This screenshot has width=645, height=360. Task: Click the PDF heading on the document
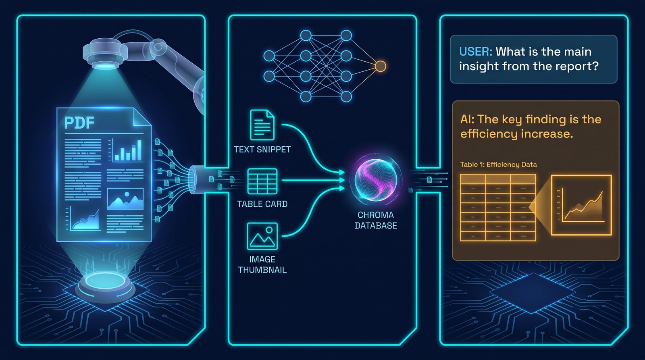point(79,123)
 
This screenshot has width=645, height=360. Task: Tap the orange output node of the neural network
point(380,66)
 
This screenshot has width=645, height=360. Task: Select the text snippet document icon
point(262,125)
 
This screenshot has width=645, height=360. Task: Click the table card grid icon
point(262,181)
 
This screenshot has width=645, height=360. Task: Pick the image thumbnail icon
point(262,236)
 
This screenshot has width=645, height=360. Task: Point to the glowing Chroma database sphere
point(376,180)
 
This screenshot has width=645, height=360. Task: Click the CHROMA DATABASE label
point(376,221)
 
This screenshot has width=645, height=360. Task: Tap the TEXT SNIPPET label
point(262,150)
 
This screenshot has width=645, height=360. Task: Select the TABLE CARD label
point(262,204)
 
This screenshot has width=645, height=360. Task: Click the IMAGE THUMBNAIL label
point(262,265)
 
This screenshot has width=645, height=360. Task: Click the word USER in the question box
point(476,52)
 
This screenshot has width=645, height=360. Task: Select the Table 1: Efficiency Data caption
point(498,164)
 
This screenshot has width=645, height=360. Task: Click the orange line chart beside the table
point(581,205)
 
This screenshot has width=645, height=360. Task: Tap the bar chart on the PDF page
point(126,150)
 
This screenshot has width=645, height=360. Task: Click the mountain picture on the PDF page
point(125,199)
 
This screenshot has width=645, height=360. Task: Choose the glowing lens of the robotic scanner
point(105,66)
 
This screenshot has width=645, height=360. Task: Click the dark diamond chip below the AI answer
point(533,293)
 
